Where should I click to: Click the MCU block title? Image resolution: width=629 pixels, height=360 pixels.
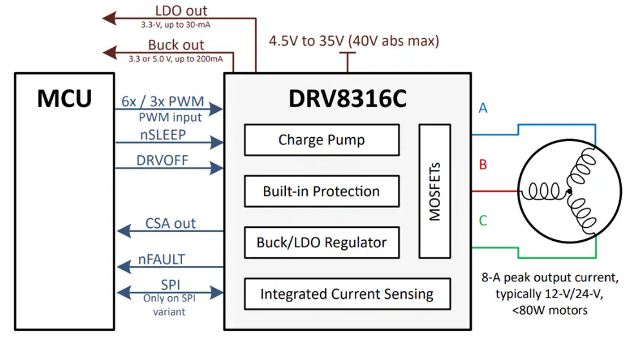pos(64,99)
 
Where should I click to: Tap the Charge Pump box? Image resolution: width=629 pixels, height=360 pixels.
pos(321,140)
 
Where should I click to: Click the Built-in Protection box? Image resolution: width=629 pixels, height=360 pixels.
pos(321,191)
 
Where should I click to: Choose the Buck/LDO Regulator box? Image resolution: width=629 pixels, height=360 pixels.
pos(321,243)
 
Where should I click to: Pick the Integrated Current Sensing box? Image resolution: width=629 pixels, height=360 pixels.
pos(346,294)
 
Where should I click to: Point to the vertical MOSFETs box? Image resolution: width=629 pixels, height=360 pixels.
pos(435,191)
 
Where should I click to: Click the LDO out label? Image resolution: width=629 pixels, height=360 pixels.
pos(182,11)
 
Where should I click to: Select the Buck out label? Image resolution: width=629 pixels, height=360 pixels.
pos(176,45)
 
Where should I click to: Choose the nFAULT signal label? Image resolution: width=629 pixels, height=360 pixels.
pos(162,260)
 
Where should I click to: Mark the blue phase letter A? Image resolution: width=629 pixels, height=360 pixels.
pos(483,108)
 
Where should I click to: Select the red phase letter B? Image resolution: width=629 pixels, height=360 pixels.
pos(483,165)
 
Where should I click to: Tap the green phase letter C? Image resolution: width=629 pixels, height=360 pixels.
pos(483,221)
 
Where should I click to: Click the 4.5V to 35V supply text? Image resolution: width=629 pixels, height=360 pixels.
pos(354,41)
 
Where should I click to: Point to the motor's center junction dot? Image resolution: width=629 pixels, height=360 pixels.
pos(569,191)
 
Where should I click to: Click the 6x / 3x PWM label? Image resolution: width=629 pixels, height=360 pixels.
pos(162,102)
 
